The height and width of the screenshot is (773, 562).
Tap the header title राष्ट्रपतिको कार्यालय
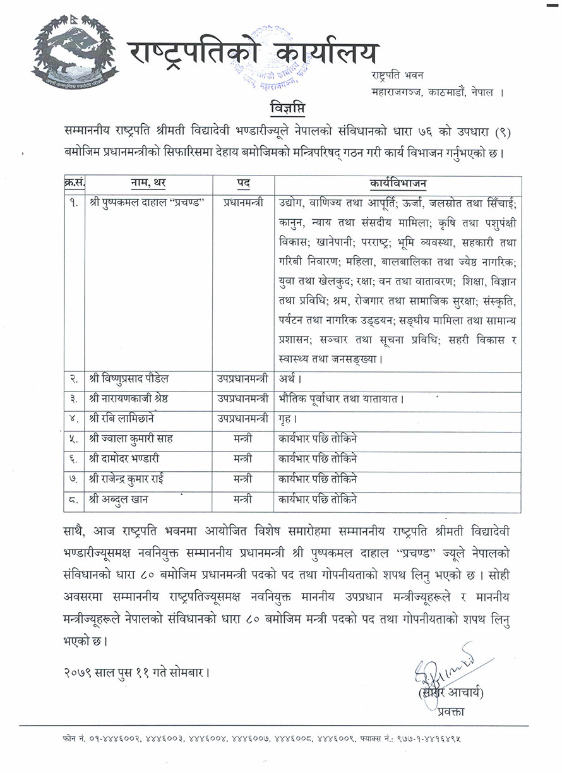point(253,54)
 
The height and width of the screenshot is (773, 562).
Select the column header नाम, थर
point(148,184)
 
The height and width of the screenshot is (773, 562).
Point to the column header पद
point(243,184)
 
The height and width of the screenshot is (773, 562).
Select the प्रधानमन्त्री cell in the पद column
point(242,204)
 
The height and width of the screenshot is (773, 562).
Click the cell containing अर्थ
point(289,379)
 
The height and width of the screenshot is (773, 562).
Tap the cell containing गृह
point(287,419)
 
